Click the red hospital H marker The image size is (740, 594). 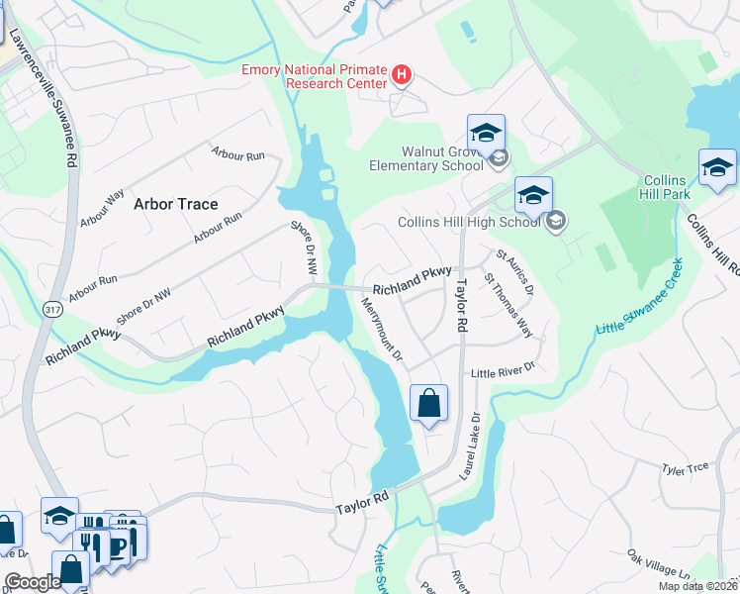pos(402,74)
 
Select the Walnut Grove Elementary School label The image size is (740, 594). pos(427,158)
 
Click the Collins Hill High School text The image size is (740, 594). pos(469,222)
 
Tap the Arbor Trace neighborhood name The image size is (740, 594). pos(175,203)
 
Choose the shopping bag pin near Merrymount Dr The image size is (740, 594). pos(428,404)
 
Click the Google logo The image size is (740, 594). pos(33,582)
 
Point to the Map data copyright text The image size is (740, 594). pos(696,586)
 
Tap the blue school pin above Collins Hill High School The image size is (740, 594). pos(532,195)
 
